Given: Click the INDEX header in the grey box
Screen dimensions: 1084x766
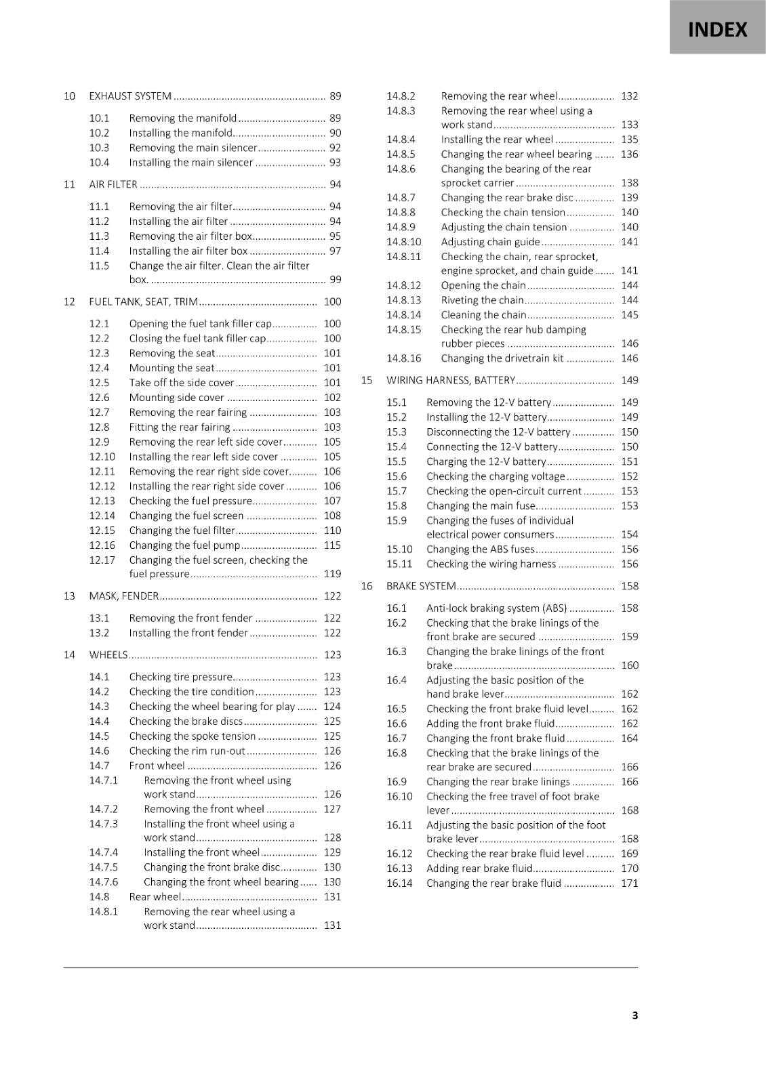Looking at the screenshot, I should pyautogui.click(x=717, y=30).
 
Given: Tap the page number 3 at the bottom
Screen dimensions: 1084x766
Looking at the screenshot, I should pyautogui.click(x=634, y=1015).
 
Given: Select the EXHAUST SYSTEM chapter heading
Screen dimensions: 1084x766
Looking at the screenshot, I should pyautogui.click(x=130, y=96).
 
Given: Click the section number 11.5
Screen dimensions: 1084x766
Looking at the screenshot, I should pyautogui.click(x=99, y=266).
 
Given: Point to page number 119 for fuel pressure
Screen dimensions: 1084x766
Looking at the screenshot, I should pyautogui.click(x=332, y=574).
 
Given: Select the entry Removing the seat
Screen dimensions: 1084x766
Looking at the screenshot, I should pyautogui.click(x=172, y=353).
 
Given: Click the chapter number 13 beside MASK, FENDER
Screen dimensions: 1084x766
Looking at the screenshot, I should pyautogui.click(x=69, y=596).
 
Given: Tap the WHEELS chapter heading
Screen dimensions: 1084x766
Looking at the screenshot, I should pyautogui.click(x=108, y=654).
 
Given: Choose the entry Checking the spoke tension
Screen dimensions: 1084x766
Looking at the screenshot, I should pyautogui.click(x=193, y=736).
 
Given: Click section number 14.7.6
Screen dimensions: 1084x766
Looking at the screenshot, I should pyautogui.click(x=103, y=881).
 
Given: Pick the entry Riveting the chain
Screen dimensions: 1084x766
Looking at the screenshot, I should pyautogui.click(x=482, y=299).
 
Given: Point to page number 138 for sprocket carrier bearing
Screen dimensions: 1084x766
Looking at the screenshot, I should pyautogui.click(x=629, y=183).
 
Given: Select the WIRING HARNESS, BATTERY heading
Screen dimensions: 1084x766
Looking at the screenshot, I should pyautogui.click(x=451, y=380).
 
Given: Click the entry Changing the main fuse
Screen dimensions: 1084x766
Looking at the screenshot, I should pyautogui.click(x=481, y=505).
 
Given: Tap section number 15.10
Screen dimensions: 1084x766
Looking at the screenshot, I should pyautogui.click(x=399, y=549).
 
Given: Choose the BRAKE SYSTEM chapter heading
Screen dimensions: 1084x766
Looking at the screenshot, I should pyautogui.click(x=421, y=586).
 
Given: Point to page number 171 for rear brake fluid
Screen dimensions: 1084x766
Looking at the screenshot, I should pyautogui.click(x=629, y=883).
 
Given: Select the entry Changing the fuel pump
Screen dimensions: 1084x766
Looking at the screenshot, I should pyautogui.click(x=184, y=545).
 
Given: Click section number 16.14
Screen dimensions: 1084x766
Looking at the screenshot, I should pyautogui.click(x=399, y=883).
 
